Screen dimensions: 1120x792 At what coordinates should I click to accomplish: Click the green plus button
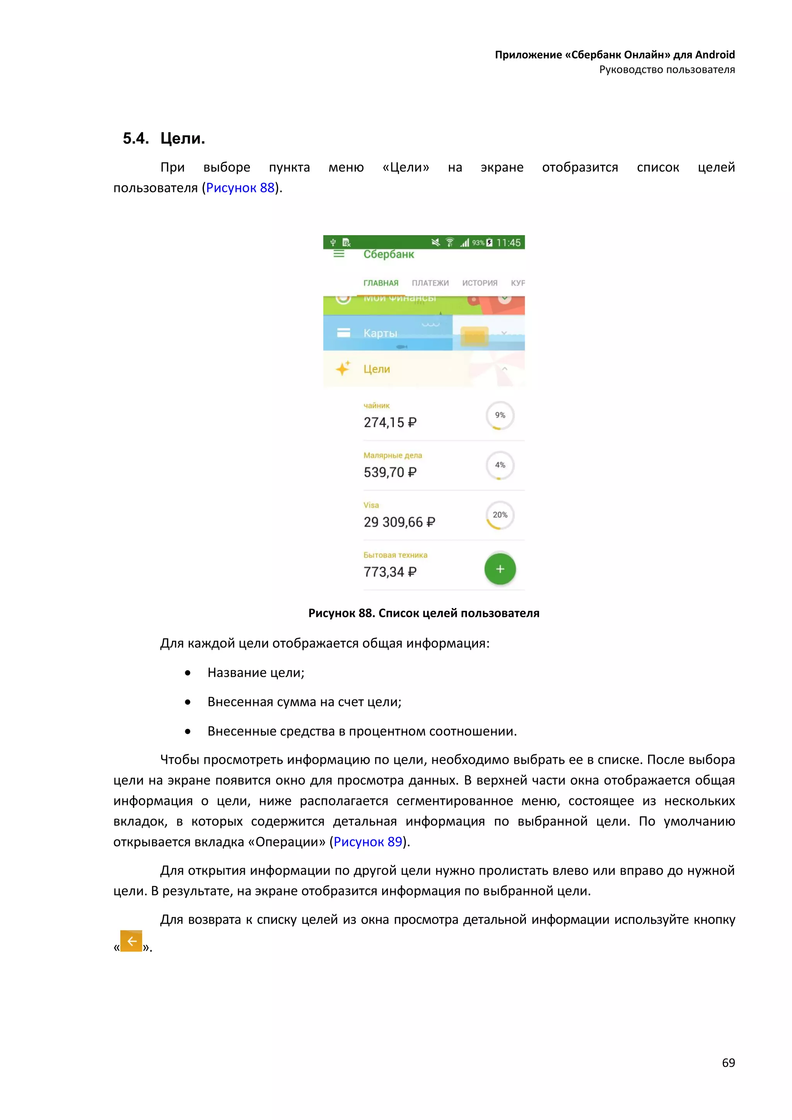click(500, 569)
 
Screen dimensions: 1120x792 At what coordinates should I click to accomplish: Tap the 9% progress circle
click(500, 415)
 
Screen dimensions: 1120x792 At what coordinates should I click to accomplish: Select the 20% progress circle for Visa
click(500, 515)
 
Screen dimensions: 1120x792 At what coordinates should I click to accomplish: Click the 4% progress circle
click(500, 465)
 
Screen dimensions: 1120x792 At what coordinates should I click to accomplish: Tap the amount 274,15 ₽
click(390, 422)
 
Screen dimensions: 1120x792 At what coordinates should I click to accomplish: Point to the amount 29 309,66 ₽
click(399, 522)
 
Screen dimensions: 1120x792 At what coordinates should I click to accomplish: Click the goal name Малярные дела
click(393, 455)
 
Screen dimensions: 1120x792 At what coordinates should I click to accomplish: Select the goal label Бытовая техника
click(395, 555)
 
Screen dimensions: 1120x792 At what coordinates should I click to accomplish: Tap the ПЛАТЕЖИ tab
click(430, 283)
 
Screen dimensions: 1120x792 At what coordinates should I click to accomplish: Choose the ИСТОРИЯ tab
click(480, 283)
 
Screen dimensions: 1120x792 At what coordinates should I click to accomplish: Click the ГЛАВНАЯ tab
click(381, 283)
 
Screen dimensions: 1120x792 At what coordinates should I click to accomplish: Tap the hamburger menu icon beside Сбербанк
click(339, 254)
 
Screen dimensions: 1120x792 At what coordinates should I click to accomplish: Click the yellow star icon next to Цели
click(343, 368)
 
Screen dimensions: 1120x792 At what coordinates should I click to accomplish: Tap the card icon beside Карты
click(343, 333)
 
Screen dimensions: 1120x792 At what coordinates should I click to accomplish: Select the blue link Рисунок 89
click(368, 842)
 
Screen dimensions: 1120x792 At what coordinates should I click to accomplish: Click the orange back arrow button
click(131, 941)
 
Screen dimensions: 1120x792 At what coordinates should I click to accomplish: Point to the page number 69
click(728, 1062)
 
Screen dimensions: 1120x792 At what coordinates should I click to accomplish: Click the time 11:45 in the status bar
click(508, 242)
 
